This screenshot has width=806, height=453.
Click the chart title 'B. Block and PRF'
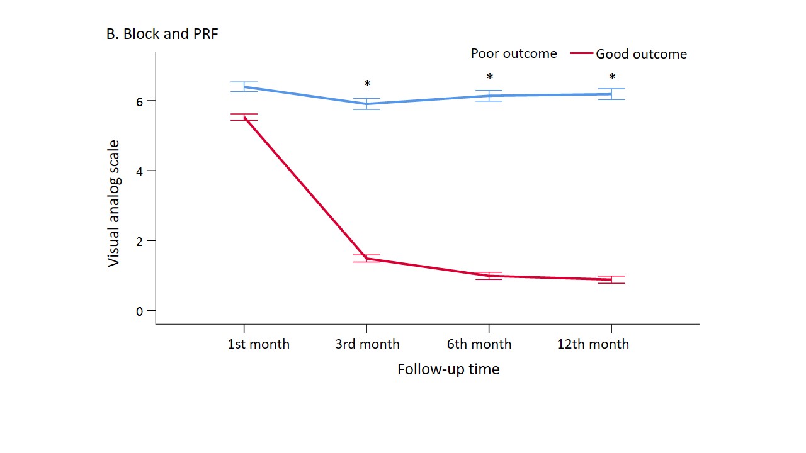pyautogui.click(x=162, y=35)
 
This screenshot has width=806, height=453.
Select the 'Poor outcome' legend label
pyautogui.click(x=514, y=53)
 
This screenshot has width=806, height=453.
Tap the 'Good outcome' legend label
pyautogui.click(x=641, y=54)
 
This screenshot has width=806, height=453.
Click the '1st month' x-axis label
pyautogui.click(x=258, y=344)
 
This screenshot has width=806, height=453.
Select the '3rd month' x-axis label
pyautogui.click(x=367, y=344)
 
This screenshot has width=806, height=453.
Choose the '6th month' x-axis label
pyautogui.click(x=480, y=344)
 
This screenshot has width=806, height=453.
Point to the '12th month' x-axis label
pyautogui.click(x=593, y=344)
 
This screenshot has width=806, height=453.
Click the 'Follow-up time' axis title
pyautogui.click(x=448, y=369)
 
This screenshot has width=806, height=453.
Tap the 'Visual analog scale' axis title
pyautogui.click(x=113, y=203)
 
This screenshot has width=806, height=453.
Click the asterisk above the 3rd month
pyautogui.click(x=367, y=84)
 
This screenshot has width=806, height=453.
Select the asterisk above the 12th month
pyautogui.click(x=612, y=78)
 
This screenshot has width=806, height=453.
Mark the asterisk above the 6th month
pyautogui.click(x=489, y=78)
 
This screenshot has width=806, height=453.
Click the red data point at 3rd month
pyautogui.click(x=366, y=258)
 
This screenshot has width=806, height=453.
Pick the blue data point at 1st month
pyautogui.click(x=244, y=87)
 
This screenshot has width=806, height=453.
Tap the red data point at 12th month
pyautogui.click(x=611, y=279)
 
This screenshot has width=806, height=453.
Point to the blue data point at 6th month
pyautogui.click(x=489, y=96)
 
